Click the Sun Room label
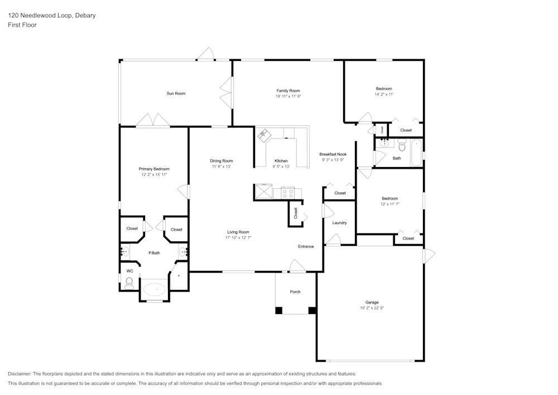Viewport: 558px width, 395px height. (176, 93)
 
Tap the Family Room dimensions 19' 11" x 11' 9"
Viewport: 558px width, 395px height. (288, 97)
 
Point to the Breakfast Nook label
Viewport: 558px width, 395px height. (333, 154)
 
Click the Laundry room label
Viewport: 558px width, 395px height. (339, 223)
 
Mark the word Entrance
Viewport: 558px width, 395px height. (306, 246)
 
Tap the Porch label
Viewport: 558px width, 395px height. (295, 292)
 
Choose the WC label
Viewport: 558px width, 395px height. (129, 271)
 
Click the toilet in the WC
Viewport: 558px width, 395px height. (129, 283)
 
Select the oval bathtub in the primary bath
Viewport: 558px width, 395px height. (155, 289)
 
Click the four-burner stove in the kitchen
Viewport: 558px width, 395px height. (288, 193)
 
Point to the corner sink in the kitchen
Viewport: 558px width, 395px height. (263, 134)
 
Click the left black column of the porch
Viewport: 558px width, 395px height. (278, 310)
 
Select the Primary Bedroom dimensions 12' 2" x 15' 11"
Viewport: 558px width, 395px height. (154, 174)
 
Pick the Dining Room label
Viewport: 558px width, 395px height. (221, 160)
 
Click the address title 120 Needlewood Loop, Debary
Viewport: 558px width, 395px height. (51, 16)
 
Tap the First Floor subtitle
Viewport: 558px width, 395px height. (22, 25)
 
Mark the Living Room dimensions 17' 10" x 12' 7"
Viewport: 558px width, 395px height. (238, 237)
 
